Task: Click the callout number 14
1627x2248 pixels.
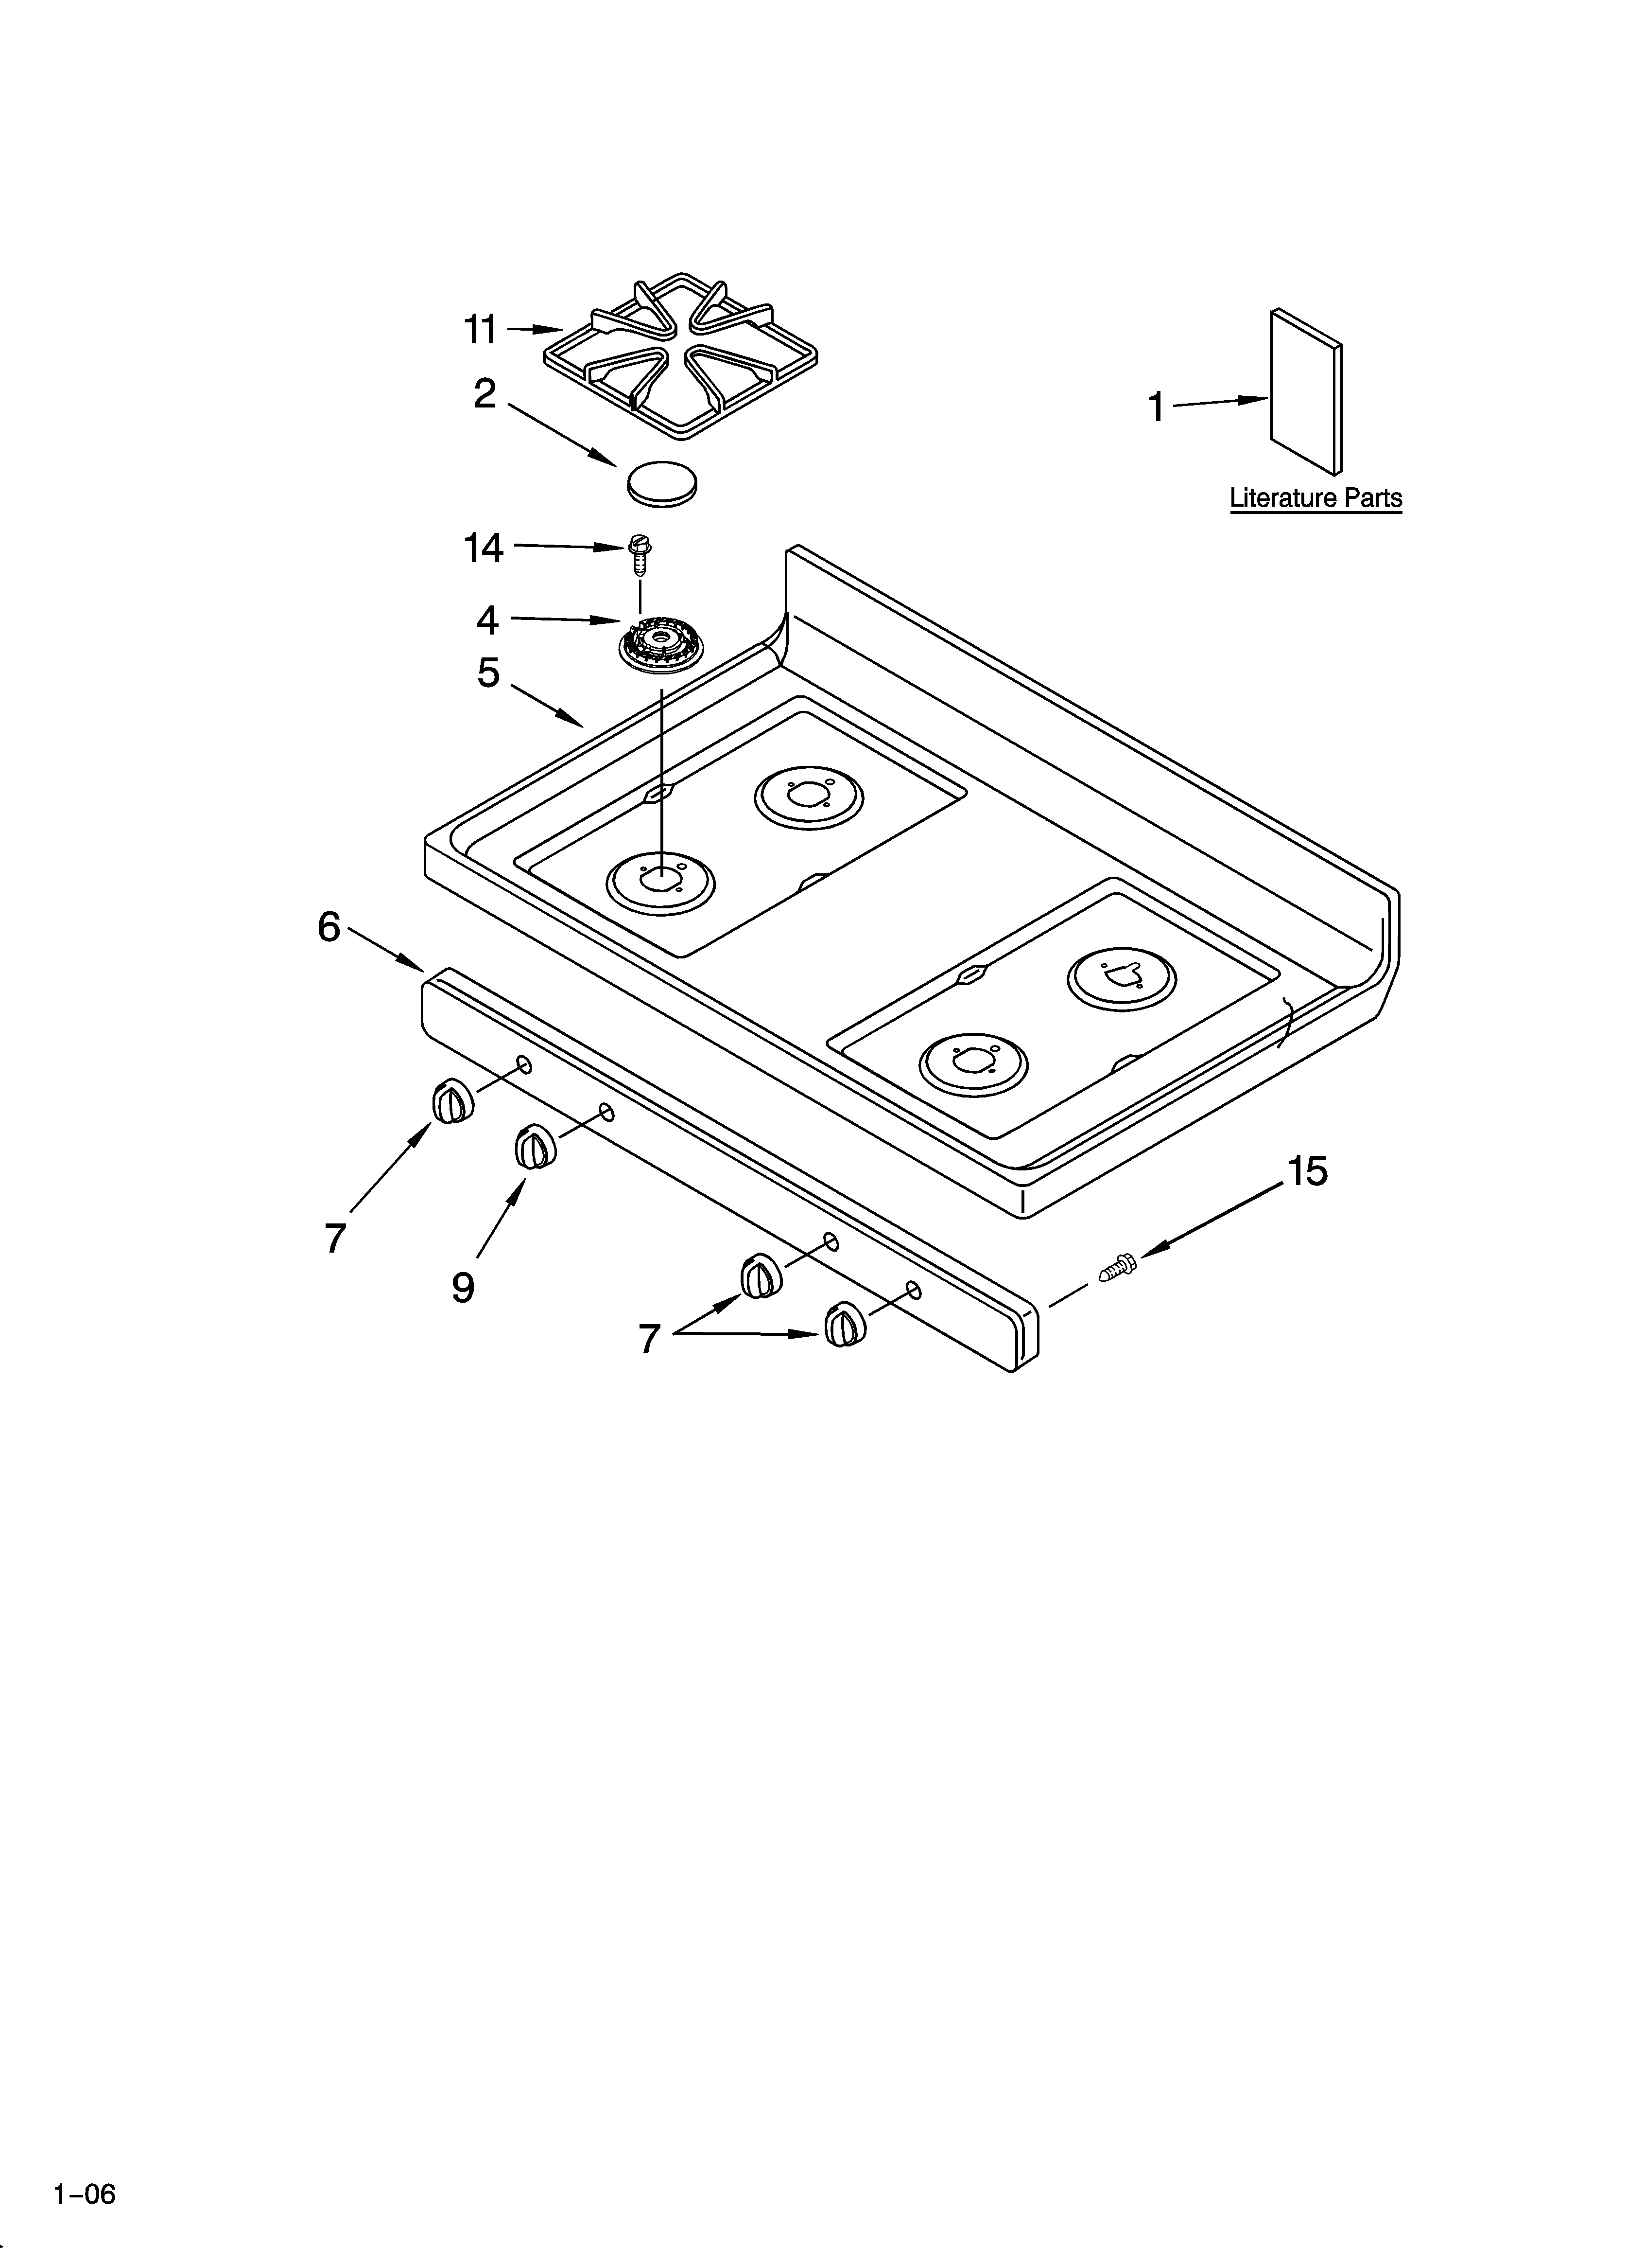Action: [x=484, y=548]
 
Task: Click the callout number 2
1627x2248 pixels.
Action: [x=485, y=394]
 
